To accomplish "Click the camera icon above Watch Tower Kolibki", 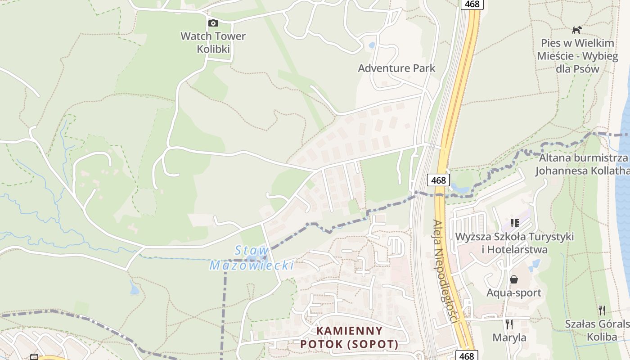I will (x=213, y=23).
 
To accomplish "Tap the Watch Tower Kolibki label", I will (x=213, y=42).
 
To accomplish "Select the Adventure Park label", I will (x=396, y=68).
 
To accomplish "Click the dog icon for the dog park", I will (x=576, y=30).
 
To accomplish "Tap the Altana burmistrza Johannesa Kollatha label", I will (x=583, y=164).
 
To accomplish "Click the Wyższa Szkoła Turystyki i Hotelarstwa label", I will (x=514, y=243).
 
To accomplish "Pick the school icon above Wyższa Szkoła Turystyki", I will (x=515, y=223).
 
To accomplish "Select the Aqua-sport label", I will (x=513, y=293).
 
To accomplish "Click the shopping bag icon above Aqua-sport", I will (x=513, y=279).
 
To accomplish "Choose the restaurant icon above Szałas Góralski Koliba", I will (x=602, y=310).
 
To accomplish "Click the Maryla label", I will (x=509, y=337).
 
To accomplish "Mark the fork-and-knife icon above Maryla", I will (x=509, y=324).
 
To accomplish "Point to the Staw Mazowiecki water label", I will (x=252, y=258).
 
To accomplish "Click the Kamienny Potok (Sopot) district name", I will (x=350, y=337).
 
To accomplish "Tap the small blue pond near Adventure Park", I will (x=372, y=45).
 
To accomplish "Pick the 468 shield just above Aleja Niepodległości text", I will (x=438, y=180).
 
